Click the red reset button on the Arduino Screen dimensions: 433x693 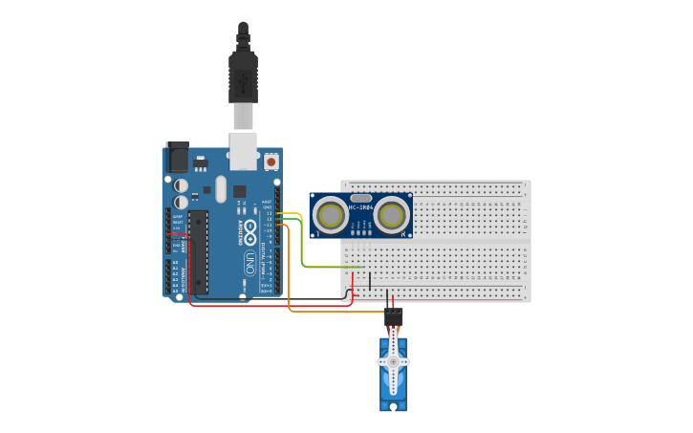pyautogui.click(x=271, y=162)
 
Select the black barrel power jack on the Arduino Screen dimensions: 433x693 pyautogui.click(x=178, y=158)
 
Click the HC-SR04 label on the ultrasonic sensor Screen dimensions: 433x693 pyautogui.click(x=361, y=207)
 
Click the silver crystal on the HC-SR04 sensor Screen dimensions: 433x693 pyautogui.click(x=361, y=198)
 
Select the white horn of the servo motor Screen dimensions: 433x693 pyautogui.click(x=393, y=360)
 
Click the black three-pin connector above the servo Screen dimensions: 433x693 pyautogui.click(x=393, y=317)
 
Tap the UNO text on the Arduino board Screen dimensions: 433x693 pyautogui.click(x=250, y=262)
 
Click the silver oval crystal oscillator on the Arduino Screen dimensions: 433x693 pyautogui.click(x=221, y=188)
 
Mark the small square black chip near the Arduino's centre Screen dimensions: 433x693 pyautogui.click(x=239, y=191)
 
